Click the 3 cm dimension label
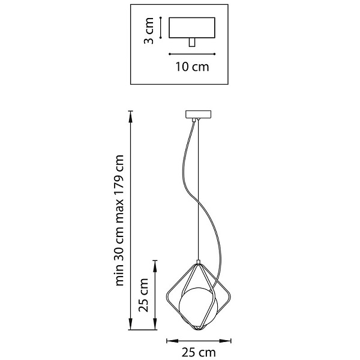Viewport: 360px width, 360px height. click(149, 31)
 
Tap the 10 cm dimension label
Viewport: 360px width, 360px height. click(193, 67)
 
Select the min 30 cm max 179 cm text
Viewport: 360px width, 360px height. click(119, 220)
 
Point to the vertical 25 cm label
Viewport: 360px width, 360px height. click(143, 295)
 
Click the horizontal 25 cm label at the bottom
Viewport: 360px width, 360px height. click(199, 352)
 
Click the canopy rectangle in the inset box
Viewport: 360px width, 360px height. click(192, 28)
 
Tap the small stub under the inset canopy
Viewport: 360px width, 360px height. click(192, 43)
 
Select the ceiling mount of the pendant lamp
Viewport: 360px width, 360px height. click(198, 114)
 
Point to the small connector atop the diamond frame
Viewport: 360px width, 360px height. click(199, 262)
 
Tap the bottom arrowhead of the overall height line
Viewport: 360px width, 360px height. click(131, 324)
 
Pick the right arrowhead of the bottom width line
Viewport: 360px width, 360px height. click(225, 341)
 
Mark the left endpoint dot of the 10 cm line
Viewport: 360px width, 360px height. click(169, 54)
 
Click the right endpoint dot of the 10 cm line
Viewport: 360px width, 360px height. click(214, 54)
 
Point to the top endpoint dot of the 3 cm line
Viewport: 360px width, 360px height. click(161, 17)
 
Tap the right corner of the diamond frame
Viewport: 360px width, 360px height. click(230, 296)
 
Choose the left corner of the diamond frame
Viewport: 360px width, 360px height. click(167, 296)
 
